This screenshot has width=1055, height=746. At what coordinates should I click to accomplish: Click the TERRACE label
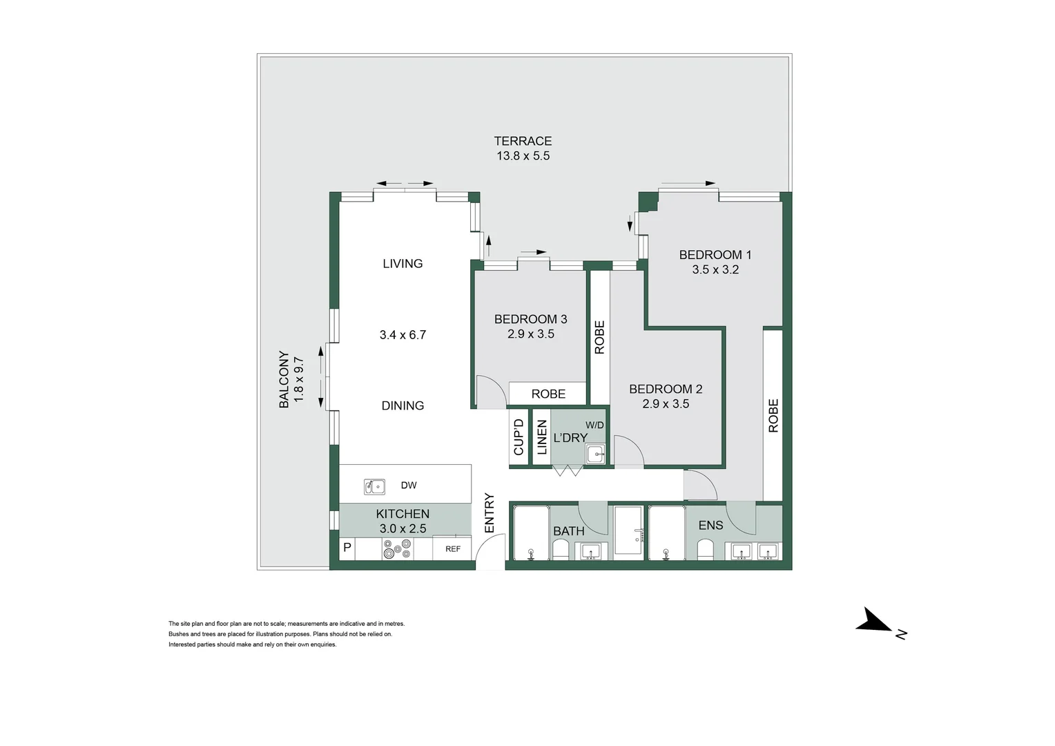[x=523, y=141]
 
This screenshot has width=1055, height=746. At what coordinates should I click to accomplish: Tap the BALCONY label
[x=284, y=379]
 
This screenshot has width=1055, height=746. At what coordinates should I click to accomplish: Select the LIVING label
[x=403, y=263]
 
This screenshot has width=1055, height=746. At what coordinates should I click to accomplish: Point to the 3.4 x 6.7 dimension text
[x=403, y=335]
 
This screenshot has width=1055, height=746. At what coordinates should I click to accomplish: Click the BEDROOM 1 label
[x=715, y=255]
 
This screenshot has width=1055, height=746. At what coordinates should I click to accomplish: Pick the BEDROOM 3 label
[x=530, y=319]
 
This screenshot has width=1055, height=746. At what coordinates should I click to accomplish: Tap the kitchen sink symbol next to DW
[x=374, y=486]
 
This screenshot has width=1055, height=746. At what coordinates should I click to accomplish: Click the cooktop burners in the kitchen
[x=397, y=548]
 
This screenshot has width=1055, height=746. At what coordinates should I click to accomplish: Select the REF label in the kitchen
[x=453, y=549]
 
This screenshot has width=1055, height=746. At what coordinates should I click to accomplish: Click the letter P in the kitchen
[x=347, y=548]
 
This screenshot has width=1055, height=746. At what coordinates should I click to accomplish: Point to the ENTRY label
[x=490, y=513]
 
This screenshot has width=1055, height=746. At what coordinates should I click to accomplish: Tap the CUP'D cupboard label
[x=519, y=437]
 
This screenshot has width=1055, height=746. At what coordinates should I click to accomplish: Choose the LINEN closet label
[x=542, y=437]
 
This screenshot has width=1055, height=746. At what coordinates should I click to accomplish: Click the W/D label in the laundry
[x=594, y=425]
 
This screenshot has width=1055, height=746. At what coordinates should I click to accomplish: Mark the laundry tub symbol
[x=594, y=454]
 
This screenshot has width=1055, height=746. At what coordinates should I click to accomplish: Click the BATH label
[x=569, y=531]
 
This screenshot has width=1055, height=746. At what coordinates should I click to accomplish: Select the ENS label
[x=710, y=526]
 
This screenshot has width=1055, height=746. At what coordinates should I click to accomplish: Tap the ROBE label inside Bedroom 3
[x=548, y=394]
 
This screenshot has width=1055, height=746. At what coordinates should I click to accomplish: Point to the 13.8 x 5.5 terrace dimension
[x=523, y=156]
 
